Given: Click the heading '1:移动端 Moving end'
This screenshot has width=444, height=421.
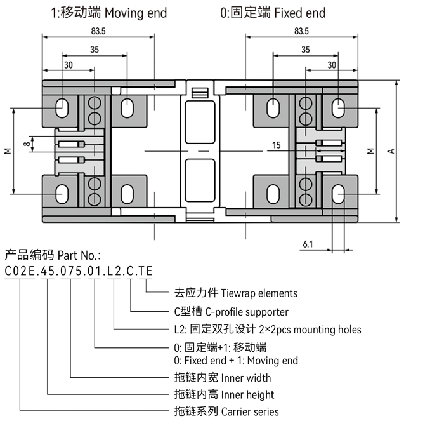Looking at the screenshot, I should (x=108, y=13).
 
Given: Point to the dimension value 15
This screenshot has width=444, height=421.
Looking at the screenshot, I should (x=276, y=145).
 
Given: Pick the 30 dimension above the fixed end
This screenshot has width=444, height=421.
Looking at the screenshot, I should (x=331, y=65).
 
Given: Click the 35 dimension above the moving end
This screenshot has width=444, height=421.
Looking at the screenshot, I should (x=94, y=50).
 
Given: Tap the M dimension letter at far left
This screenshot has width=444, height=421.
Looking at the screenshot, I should (x=8, y=151).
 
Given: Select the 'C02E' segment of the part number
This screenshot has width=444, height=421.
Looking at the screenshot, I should (x=20, y=272).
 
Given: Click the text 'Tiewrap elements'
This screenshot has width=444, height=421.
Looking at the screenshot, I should (x=258, y=293).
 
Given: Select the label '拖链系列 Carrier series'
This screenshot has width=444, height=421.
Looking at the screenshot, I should (x=226, y=411).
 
